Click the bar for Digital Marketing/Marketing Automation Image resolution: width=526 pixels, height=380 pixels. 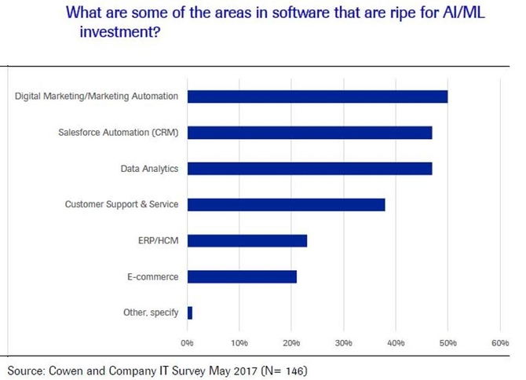(x=317, y=97)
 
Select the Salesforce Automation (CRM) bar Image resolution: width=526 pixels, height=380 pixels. (x=309, y=133)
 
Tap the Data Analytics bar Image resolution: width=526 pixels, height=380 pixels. (x=309, y=169)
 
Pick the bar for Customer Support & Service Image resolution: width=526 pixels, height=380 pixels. (x=286, y=205)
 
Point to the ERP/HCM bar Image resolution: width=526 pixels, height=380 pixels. (x=247, y=241)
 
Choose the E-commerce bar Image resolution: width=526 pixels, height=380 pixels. (x=242, y=276)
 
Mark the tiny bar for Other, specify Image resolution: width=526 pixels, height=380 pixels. (x=190, y=312)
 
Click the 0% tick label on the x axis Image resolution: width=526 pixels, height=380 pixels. (x=187, y=343)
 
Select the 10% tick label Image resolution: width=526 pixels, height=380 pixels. (x=239, y=343)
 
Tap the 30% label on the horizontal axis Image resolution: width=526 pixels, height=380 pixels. (x=343, y=343)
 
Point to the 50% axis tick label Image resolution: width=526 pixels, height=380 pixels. (x=447, y=343)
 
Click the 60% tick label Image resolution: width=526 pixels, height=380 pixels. (x=499, y=343)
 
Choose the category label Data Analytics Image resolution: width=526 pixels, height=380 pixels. (x=149, y=169)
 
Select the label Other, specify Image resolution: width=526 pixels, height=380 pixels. (x=152, y=312)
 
